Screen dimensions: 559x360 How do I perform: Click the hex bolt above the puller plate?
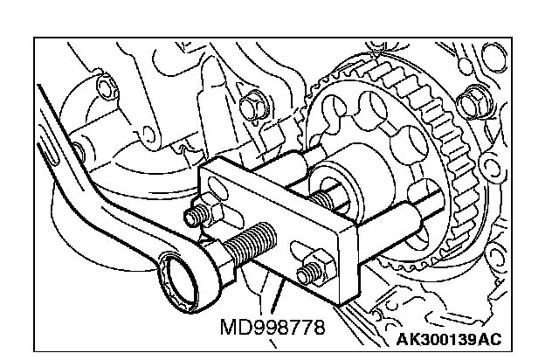[252, 104]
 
